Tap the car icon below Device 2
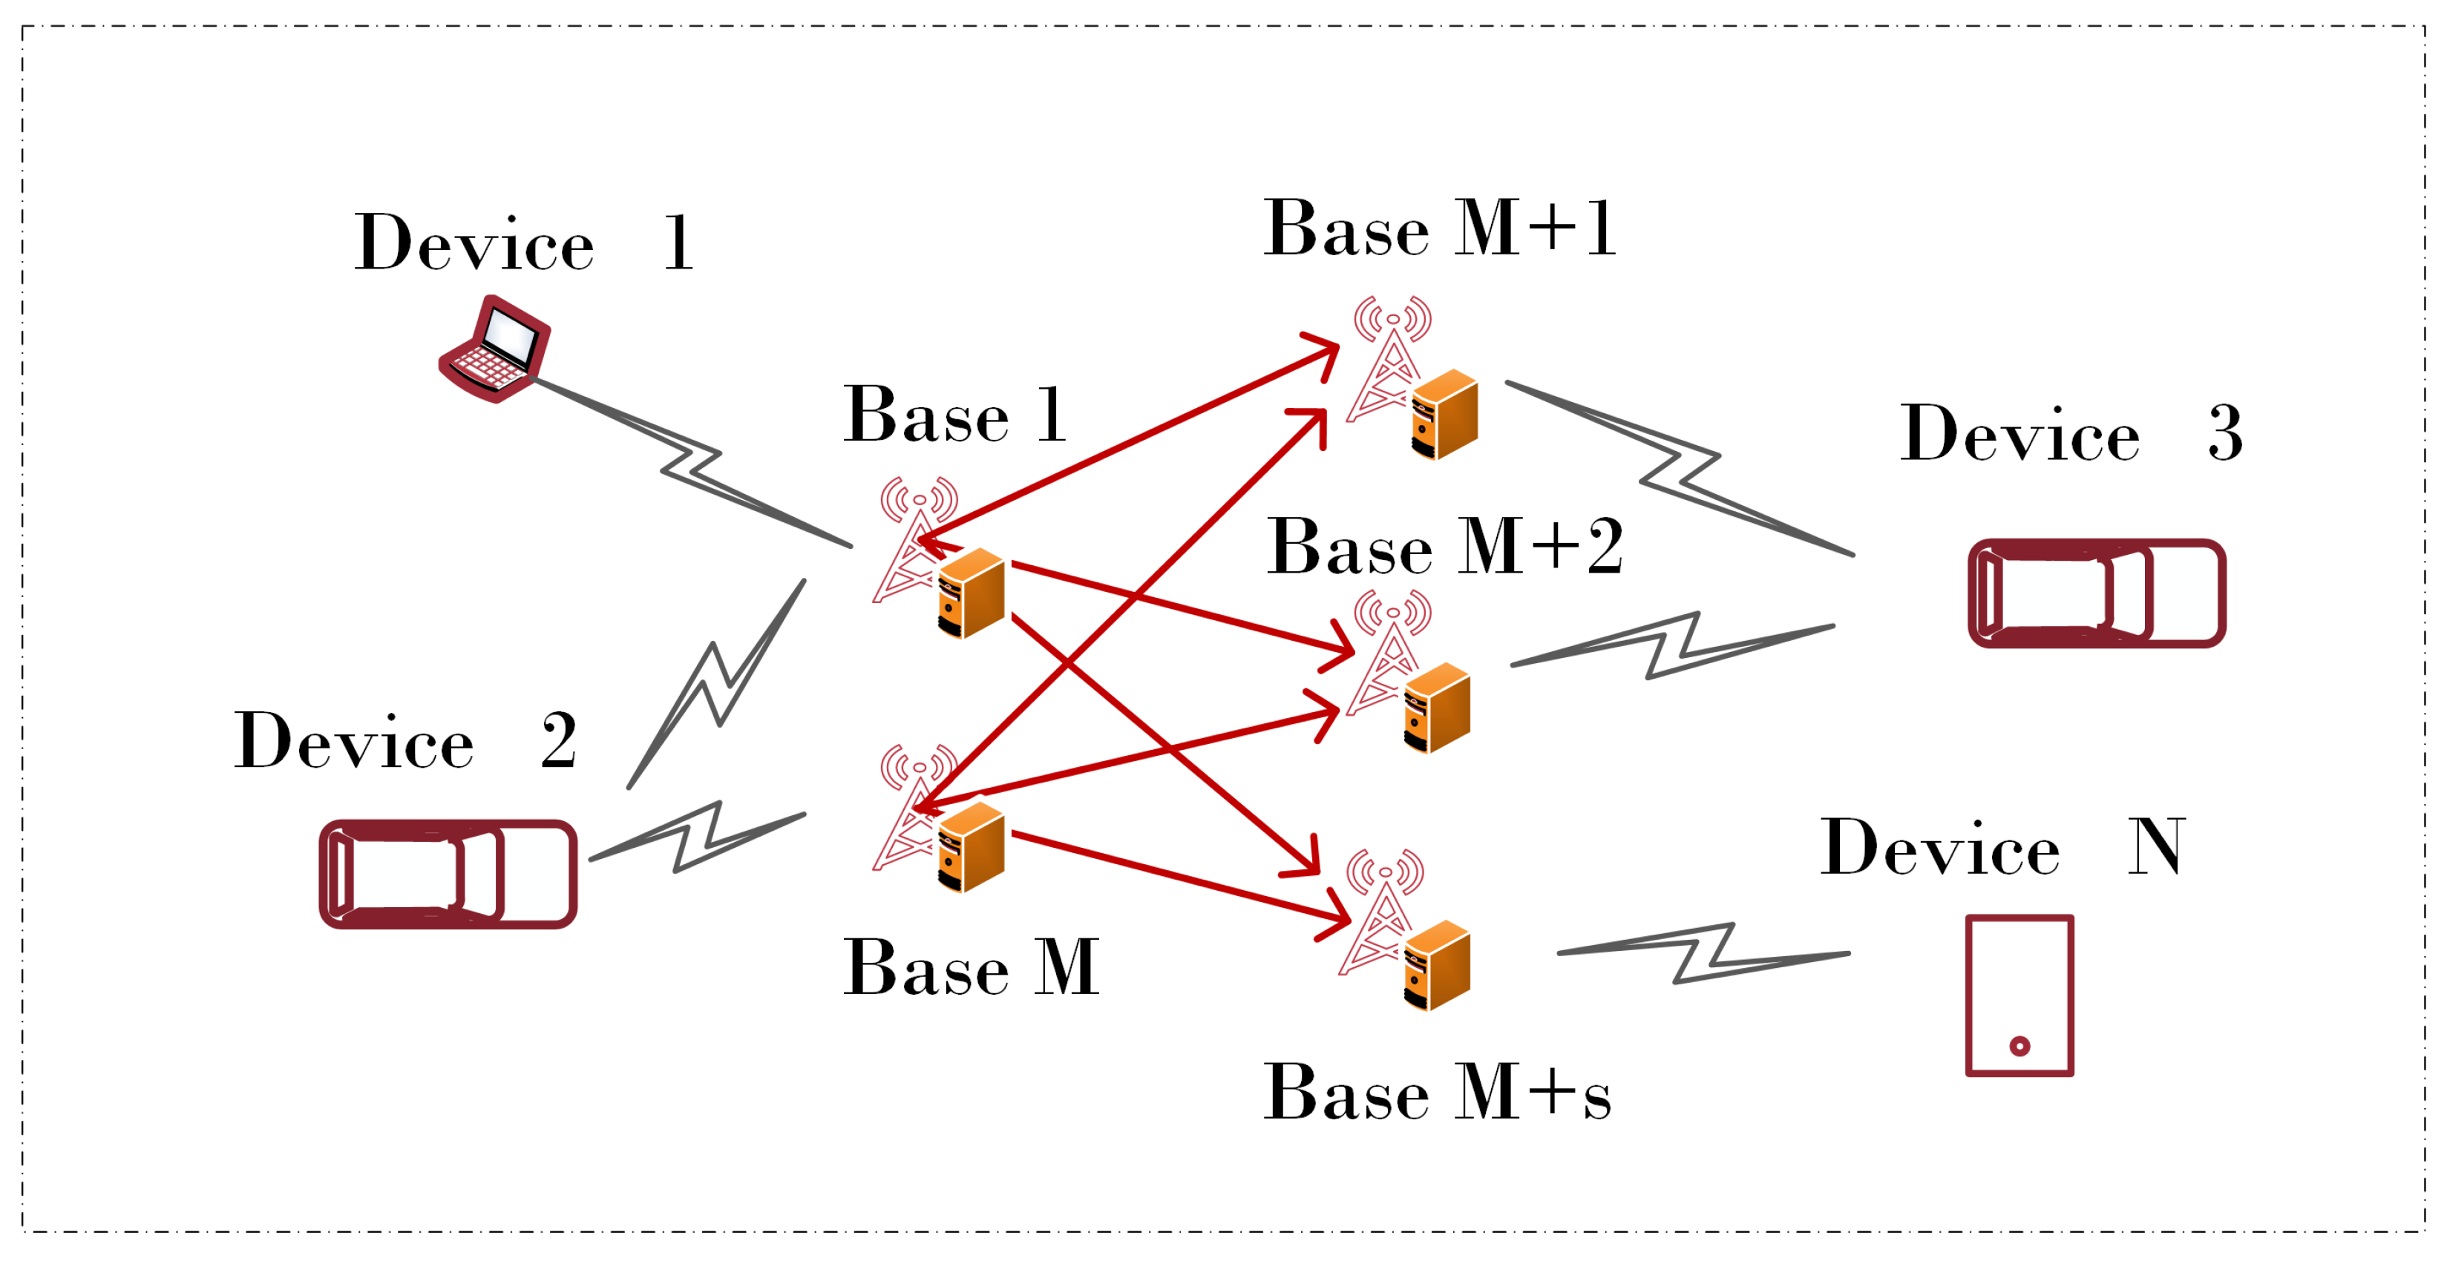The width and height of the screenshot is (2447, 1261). (448, 874)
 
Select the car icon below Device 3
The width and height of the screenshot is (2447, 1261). (2097, 593)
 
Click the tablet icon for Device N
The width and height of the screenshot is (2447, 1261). (2019, 995)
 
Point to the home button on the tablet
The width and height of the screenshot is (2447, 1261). (2019, 1047)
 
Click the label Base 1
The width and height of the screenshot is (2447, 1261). (954, 416)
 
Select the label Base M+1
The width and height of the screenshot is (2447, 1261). (1439, 230)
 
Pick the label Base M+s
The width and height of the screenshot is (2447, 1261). (1436, 1094)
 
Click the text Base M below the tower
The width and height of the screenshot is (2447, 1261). (971, 969)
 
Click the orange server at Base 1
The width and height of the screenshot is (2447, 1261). (971, 593)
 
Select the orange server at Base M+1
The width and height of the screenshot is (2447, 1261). (1444, 415)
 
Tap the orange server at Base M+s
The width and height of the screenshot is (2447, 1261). (1436, 965)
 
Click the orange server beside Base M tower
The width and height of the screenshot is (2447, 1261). (971, 847)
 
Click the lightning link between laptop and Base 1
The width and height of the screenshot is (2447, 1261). (692, 462)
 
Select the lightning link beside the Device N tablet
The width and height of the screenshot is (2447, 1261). (1703, 953)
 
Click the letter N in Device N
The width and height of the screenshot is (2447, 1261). (2155, 847)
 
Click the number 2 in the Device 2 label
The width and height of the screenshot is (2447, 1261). (559, 740)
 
